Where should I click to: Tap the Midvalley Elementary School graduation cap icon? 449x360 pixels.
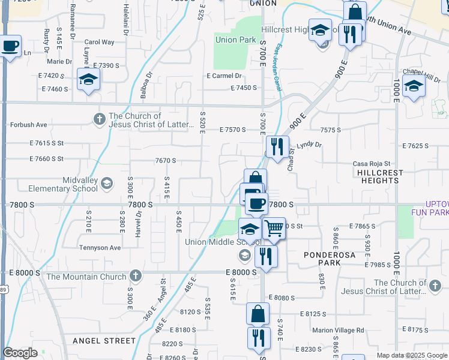click(x=107, y=182)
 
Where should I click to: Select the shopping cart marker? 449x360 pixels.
click(x=274, y=228)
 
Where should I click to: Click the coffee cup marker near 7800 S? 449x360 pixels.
click(x=256, y=203)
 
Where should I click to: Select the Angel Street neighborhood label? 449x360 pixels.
click(x=104, y=341)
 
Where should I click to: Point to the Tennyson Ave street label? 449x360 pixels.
click(x=100, y=248)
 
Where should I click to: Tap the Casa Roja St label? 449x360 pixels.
click(x=372, y=164)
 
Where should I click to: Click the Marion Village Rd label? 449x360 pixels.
click(x=337, y=330)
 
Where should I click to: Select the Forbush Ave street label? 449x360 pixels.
click(x=28, y=125)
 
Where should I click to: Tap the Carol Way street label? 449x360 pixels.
click(x=99, y=43)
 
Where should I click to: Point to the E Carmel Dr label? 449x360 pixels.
click(x=224, y=76)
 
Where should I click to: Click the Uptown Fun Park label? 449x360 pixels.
click(x=430, y=208)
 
